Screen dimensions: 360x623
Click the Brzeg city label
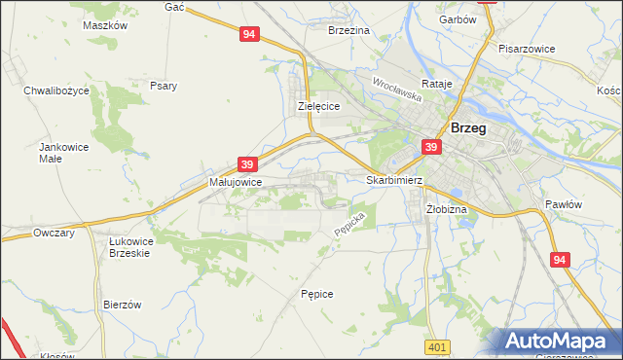[468, 127]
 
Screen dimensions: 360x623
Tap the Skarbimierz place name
[393, 180]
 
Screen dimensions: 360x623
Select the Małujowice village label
[235, 181]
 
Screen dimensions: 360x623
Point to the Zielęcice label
[317, 107]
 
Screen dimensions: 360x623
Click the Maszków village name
[105, 25]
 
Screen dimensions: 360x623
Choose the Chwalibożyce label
[56, 90]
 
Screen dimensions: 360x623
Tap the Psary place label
[164, 86]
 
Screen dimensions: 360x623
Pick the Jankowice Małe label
[57, 153]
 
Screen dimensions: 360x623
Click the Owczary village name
[55, 233]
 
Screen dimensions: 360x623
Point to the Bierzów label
[123, 304]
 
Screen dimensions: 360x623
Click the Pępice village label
[317, 293]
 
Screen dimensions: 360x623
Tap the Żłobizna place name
[447, 209]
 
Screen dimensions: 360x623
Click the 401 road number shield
[437, 347]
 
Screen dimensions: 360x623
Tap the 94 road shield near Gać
[249, 34]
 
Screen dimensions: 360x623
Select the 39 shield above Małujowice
[247, 164]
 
